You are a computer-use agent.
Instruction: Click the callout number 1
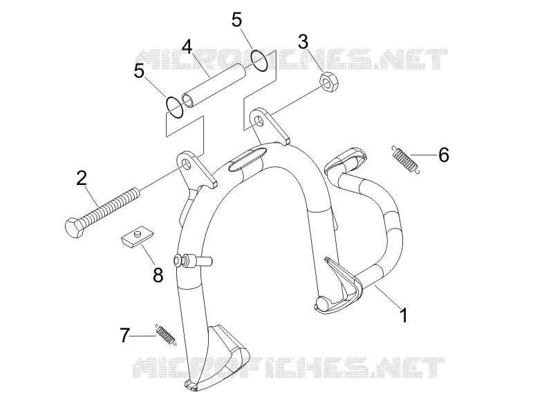coord(404,315)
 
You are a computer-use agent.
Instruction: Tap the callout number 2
coord(82,178)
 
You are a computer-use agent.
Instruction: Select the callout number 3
coord(303,42)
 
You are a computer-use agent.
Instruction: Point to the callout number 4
coord(187,47)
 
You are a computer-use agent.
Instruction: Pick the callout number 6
coord(444,155)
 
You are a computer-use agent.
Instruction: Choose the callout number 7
coord(125,335)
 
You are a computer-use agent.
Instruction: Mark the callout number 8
coord(158,275)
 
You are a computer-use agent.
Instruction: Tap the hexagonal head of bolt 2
coord(75,228)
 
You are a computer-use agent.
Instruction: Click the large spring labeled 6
coord(406,160)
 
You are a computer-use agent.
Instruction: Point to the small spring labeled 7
coord(165,335)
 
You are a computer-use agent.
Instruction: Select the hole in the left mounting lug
coord(185,164)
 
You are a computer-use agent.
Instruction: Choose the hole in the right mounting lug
coord(259,120)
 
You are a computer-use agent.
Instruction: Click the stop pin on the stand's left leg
coord(193,262)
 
